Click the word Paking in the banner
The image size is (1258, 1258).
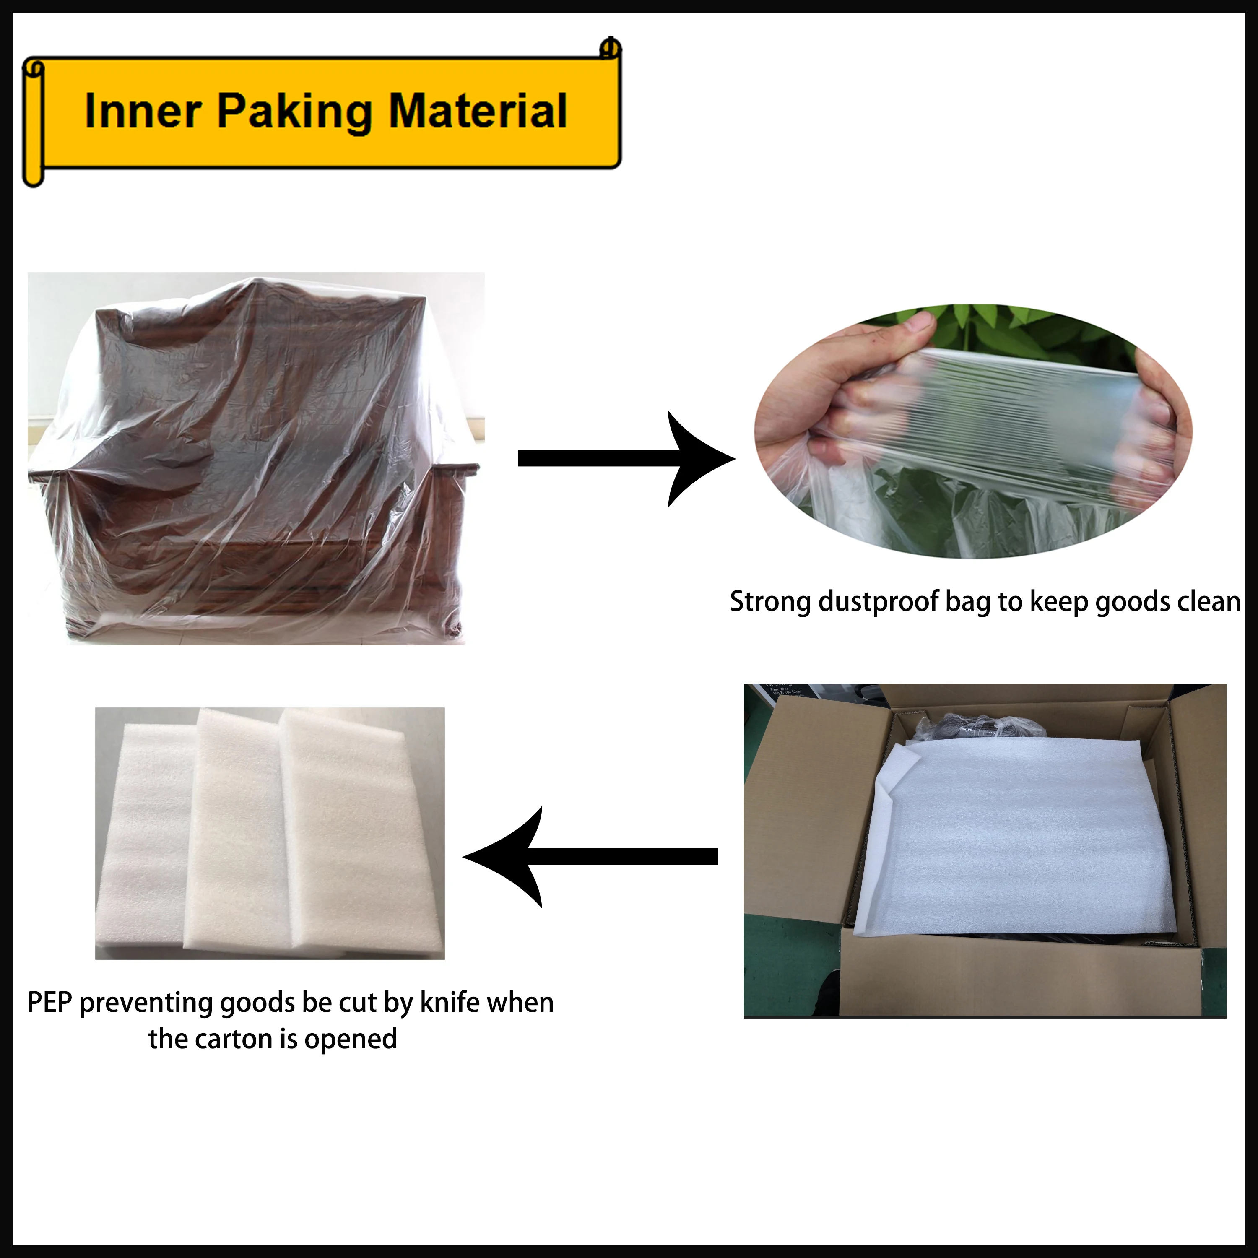295,112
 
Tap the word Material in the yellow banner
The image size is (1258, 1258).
477,112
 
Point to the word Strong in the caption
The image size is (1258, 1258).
770,602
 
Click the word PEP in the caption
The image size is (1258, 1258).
49,1002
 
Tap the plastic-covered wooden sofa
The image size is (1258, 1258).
254,469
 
